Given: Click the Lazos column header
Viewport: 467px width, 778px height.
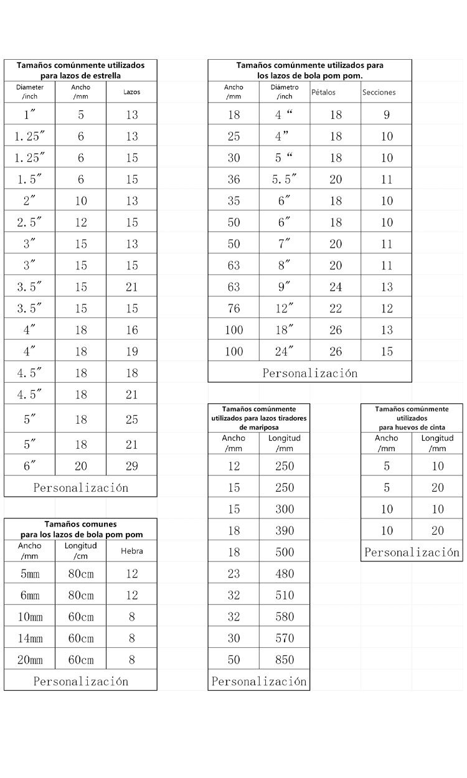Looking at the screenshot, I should click(131, 92).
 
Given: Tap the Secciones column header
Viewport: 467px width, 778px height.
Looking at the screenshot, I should click(379, 92).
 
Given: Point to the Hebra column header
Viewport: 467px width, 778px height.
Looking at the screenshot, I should click(131, 551).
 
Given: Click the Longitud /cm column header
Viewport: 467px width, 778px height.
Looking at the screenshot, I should click(80, 551).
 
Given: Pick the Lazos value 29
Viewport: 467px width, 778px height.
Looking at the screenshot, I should click(131, 466).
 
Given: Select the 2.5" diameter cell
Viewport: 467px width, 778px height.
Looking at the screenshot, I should click(30, 222).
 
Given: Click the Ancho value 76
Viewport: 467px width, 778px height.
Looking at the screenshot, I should click(233, 309).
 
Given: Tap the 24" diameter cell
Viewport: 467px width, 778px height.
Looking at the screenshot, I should click(284, 352).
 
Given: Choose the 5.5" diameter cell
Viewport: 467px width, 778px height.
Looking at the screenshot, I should click(284, 179).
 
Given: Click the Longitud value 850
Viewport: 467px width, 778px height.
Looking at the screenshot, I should click(285, 660).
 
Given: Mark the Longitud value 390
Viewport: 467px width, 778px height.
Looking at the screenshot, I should click(285, 530).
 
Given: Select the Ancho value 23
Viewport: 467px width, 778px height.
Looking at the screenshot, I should click(233, 573).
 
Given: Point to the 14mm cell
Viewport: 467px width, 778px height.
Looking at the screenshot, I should click(30, 638).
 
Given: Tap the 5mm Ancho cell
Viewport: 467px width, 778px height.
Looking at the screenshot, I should click(30, 574).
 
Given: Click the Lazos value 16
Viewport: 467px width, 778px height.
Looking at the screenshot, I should click(131, 330).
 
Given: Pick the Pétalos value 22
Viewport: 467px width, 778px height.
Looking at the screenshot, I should click(336, 309).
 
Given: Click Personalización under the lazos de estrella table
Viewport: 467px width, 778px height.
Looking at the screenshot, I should click(80, 487).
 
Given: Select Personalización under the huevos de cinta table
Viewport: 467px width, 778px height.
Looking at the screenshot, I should click(412, 552).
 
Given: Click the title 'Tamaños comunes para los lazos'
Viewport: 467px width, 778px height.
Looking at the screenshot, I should click(81, 529).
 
